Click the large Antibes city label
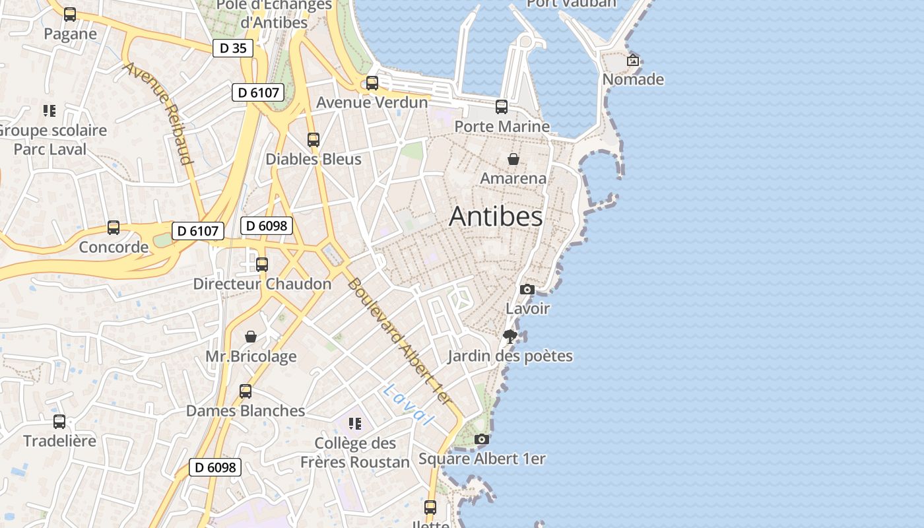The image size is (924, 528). [x=496, y=216]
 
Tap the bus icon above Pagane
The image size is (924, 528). [x=70, y=14]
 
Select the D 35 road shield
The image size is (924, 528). [x=233, y=48]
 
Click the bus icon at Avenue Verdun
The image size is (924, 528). [x=372, y=82]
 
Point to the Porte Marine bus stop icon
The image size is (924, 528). [x=502, y=106]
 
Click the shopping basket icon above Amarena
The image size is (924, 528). [x=513, y=159]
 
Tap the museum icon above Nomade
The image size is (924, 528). [x=633, y=60]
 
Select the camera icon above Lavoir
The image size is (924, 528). [x=527, y=289]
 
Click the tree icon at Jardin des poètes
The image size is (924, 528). [x=510, y=337]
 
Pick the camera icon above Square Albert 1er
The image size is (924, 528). [x=482, y=439]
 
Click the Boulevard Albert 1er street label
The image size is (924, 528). [x=399, y=341]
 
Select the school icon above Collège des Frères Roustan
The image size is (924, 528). [x=355, y=423]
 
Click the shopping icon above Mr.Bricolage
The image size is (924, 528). [x=251, y=337]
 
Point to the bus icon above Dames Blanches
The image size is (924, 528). [x=246, y=391]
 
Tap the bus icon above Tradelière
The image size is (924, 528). [x=59, y=421]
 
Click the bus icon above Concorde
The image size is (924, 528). [x=114, y=228]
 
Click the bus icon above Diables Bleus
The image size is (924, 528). [x=313, y=139]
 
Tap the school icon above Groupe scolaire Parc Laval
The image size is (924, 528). [x=49, y=110]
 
